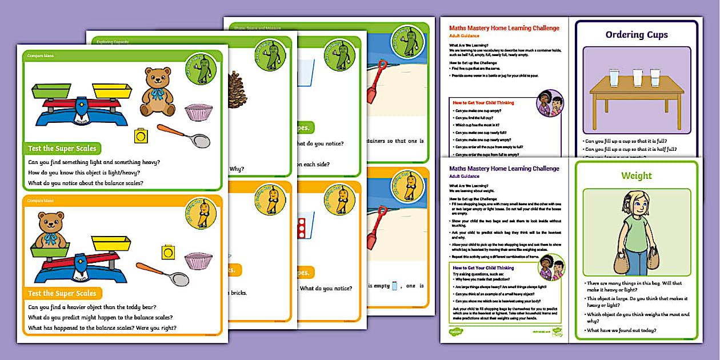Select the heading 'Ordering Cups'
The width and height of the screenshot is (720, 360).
(x=637, y=35)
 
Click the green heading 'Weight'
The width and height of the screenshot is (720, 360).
(x=637, y=176)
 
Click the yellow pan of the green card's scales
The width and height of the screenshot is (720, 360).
(x=111, y=90)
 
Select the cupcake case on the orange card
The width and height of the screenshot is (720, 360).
(x=198, y=261)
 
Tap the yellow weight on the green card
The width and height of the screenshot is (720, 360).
(x=141, y=135)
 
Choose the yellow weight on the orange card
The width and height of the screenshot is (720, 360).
(x=168, y=251)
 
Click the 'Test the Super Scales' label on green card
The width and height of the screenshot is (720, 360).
(x=62, y=149)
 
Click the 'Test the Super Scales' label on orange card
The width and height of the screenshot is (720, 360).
(x=62, y=294)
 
